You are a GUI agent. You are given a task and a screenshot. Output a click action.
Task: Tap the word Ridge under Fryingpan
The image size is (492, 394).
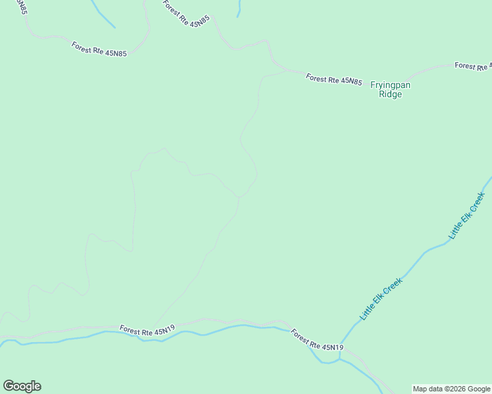click(390, 94)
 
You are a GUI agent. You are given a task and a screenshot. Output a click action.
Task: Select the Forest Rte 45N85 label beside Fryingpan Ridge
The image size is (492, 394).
click(333, 79)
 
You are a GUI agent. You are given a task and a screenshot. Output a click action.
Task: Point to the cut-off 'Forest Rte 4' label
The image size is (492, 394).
click(473, 66)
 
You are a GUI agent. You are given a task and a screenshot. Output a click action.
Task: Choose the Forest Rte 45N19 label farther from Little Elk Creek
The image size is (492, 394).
click(147, 331)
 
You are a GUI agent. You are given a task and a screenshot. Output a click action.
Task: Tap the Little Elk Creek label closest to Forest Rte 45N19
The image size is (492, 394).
click(381, 299)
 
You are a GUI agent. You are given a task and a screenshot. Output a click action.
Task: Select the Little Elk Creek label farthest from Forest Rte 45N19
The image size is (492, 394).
click(466, 215)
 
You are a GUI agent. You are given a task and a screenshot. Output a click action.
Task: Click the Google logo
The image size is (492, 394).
click(22, 386)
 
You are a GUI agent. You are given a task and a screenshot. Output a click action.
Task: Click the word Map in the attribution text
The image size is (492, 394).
click(419, 389)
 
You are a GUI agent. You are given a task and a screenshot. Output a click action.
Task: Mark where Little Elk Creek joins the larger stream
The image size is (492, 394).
click(340, 358)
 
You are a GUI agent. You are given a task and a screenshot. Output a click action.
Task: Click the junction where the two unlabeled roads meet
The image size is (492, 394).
click(239, 196)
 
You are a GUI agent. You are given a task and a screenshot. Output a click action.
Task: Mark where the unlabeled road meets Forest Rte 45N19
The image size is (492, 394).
click(155, 325)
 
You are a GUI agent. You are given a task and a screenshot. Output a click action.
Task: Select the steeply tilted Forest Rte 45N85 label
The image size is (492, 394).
click(186, 12)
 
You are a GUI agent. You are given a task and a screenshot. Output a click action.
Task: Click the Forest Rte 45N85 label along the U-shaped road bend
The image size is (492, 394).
click(99, 49)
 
